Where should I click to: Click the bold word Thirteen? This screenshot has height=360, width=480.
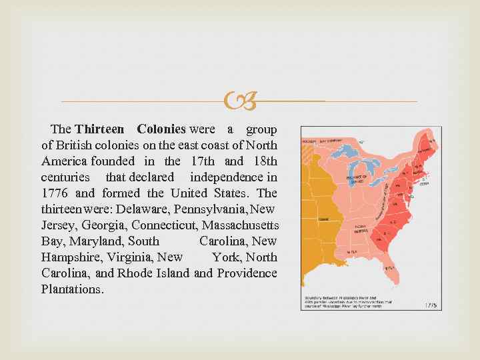click(99, 129)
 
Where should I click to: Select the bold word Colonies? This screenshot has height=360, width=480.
click(161, 129)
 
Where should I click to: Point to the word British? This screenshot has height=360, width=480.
click(75, 145)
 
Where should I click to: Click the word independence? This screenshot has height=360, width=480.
click(226, 177)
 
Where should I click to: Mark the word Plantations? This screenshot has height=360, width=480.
click(72, 289)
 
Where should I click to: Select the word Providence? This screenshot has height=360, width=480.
click(247, 273)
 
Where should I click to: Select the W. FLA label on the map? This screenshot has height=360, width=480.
click(351, 251)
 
